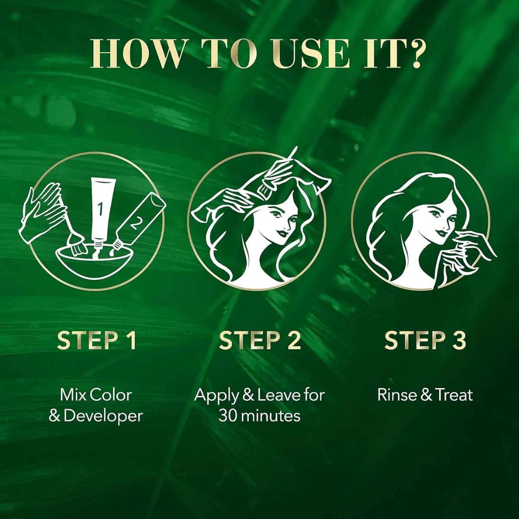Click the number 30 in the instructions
click(x=227, y=416)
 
